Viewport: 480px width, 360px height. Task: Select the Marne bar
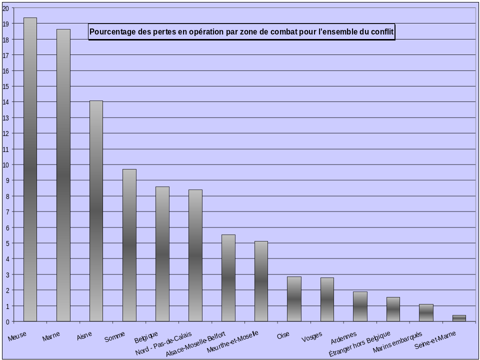click(63, 175)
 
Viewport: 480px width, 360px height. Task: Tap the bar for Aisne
click(96, 210)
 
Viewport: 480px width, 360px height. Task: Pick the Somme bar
click(129, 245)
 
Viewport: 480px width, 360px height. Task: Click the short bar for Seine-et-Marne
click(459, 318)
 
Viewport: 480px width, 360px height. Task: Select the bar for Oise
click(294, 298)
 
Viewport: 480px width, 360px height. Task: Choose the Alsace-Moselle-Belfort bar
click(228, 277)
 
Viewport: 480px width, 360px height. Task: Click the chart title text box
click(241, 32)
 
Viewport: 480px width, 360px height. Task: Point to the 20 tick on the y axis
click(4, 8)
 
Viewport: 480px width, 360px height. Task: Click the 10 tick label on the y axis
click(4, 164)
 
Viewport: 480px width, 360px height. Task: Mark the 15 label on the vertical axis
click(4, 86)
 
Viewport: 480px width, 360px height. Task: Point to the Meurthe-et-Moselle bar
click(261, 281)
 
